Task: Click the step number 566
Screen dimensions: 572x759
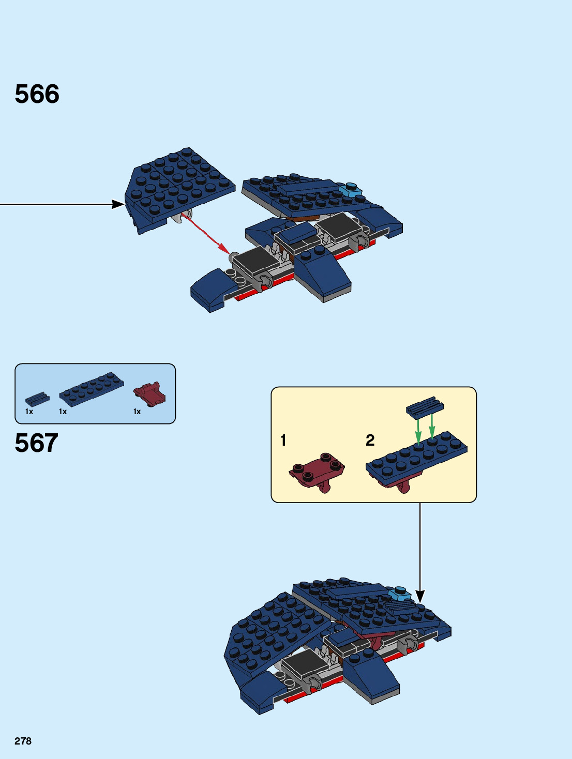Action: (37, 94)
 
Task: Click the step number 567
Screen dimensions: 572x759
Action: (36, 443)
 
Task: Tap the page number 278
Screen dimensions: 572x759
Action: (23, 741)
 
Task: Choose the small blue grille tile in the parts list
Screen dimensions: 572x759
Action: (37, 399)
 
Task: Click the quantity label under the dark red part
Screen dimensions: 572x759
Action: (137, 412)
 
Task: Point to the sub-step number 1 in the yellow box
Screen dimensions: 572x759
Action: (283, 440)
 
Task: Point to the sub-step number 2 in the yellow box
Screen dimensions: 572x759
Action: (370, 440)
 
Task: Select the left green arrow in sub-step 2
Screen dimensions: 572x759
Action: (418, 431)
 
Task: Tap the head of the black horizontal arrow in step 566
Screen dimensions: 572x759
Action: (118, 204)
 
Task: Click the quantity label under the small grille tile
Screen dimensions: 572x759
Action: (29, 412)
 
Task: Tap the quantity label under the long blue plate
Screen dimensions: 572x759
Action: (63, 412)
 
